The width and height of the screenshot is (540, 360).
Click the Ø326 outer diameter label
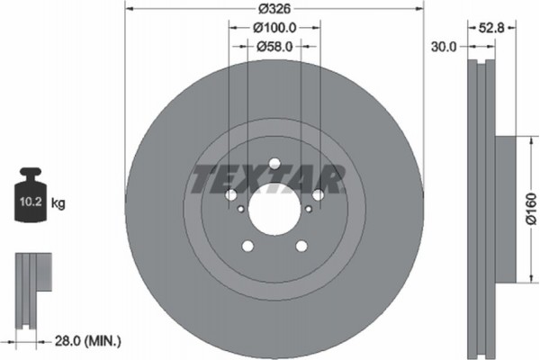272,11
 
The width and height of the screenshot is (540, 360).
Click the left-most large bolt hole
230,196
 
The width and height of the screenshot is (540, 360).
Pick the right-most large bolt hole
317,195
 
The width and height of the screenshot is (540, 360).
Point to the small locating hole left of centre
240,209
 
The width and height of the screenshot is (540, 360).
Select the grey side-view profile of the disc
483,207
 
